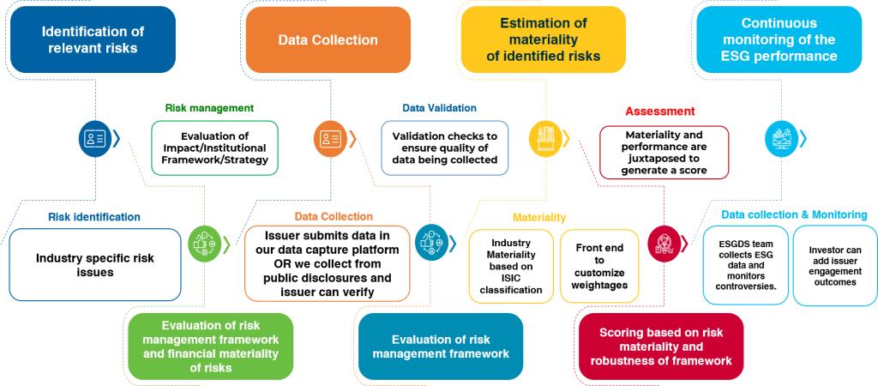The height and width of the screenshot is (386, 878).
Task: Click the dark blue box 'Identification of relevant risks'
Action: [x=93, y=39]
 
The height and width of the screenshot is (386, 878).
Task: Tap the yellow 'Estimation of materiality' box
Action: [x=544, y=39]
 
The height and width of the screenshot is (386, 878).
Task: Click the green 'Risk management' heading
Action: [x=209, y=108]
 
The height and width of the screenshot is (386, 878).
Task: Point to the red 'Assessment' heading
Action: [x=659, y=112]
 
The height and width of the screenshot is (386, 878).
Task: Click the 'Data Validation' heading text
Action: [x=439, y=108]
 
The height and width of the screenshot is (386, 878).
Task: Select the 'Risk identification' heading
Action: [x=94, y=217]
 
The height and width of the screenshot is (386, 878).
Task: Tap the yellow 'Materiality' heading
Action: [x=539, y=218]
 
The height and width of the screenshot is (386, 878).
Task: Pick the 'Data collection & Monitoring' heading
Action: [x=794, y=214]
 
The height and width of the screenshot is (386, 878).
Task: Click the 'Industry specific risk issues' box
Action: [x=95, y=264]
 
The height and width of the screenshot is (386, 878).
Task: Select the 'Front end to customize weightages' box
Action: [x=600, y=266]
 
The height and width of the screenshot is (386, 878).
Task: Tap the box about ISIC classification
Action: [x=511, y=266]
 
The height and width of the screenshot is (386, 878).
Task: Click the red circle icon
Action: [x=663, y=243]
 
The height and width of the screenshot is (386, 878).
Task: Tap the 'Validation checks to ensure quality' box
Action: [x=444, y=148]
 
